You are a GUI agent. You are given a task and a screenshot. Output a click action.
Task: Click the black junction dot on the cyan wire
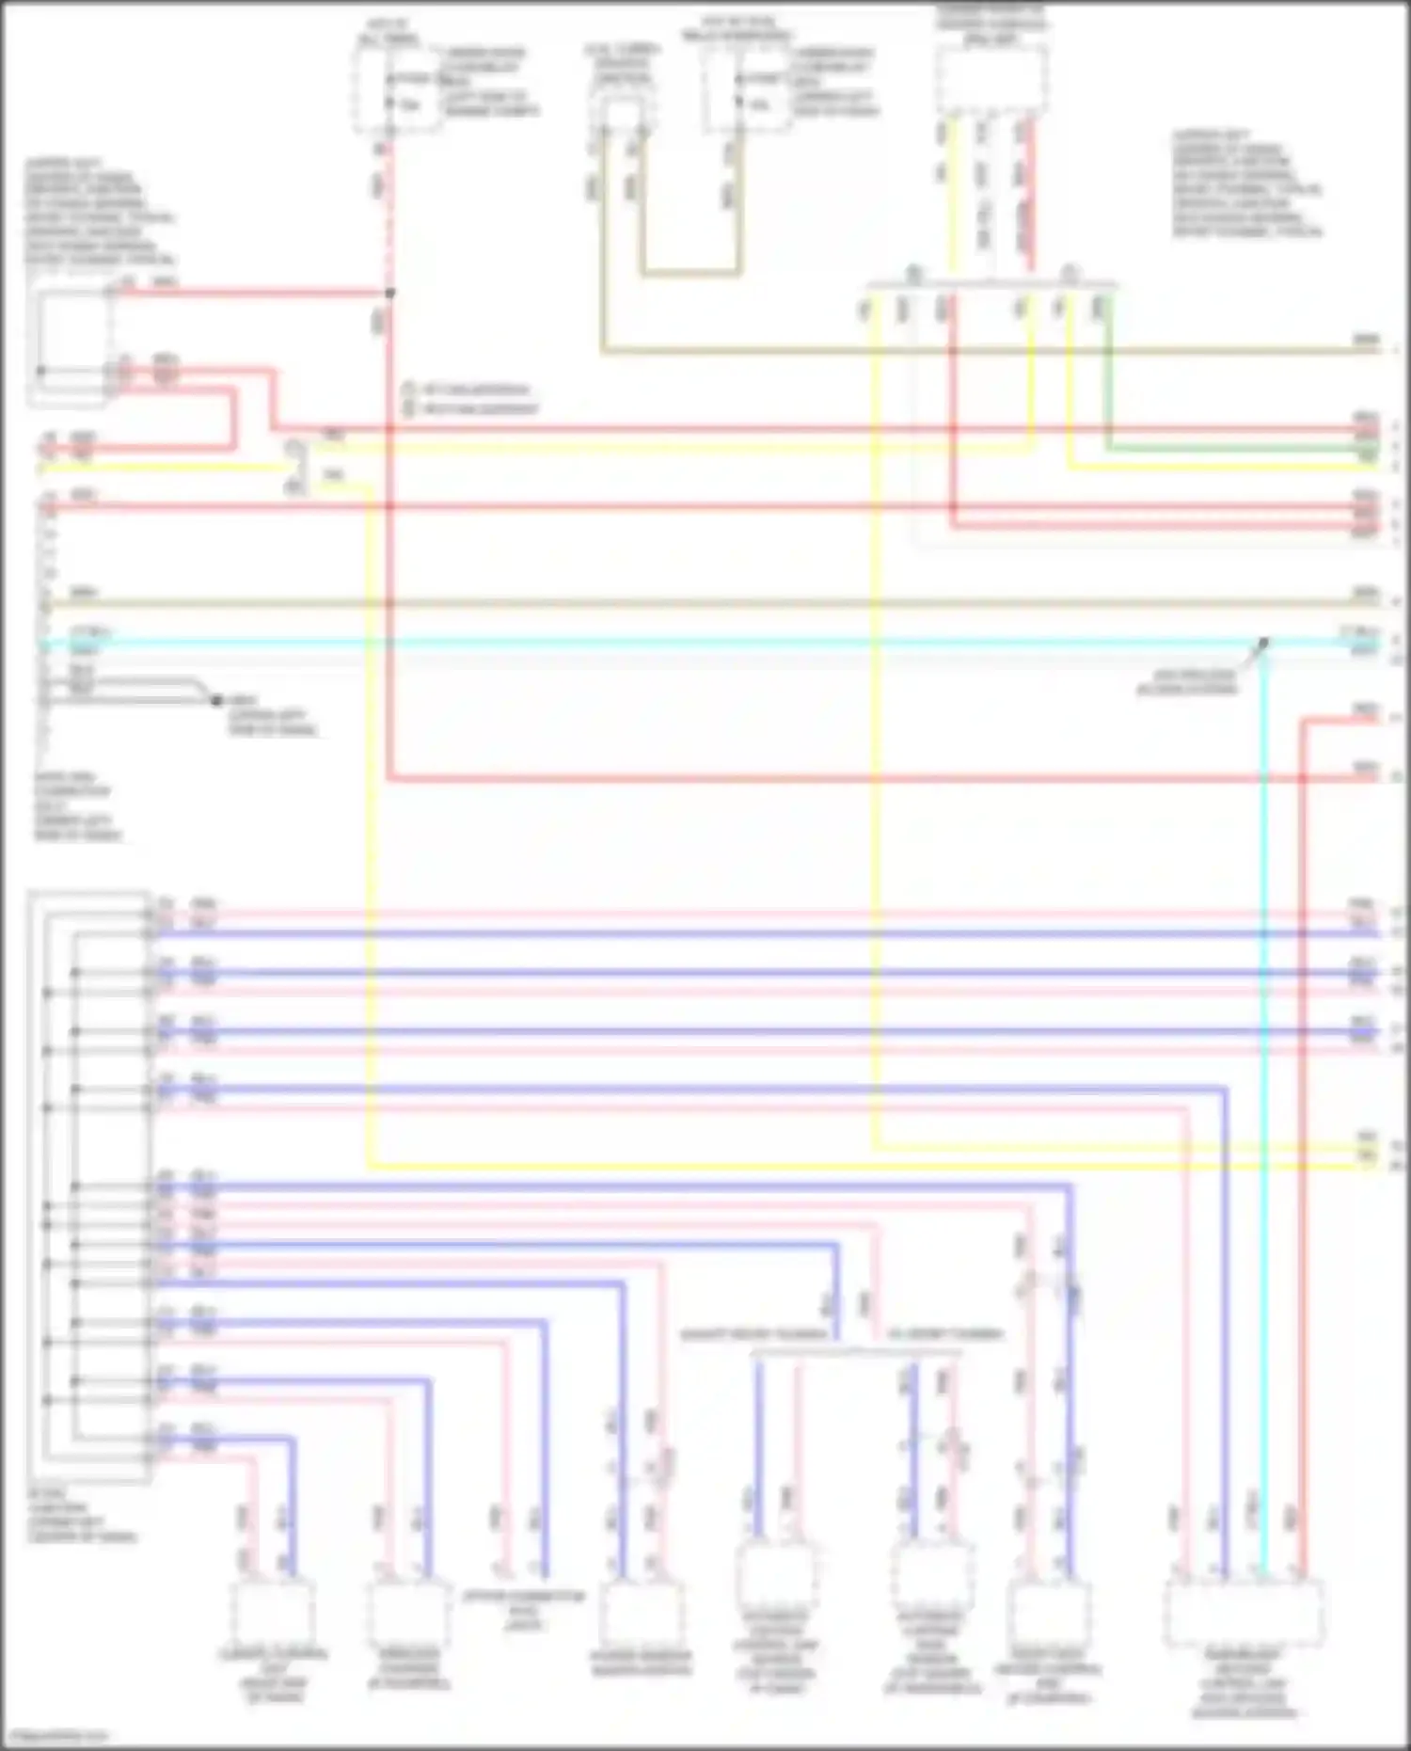(1263, 644)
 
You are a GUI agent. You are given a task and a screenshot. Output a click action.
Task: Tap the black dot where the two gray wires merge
(215, 701)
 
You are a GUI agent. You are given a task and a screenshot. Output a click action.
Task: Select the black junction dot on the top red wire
(390, 294)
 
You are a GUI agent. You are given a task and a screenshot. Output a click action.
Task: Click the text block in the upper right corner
(1246, 184)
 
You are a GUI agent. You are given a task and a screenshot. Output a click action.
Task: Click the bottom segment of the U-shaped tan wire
(690, 275)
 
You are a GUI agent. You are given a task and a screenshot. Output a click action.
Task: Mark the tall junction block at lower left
(89, 1186)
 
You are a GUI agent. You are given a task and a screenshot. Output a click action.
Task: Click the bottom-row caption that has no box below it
(524, 1610)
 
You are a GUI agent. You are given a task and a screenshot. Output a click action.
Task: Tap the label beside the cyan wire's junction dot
(1187, 682)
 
